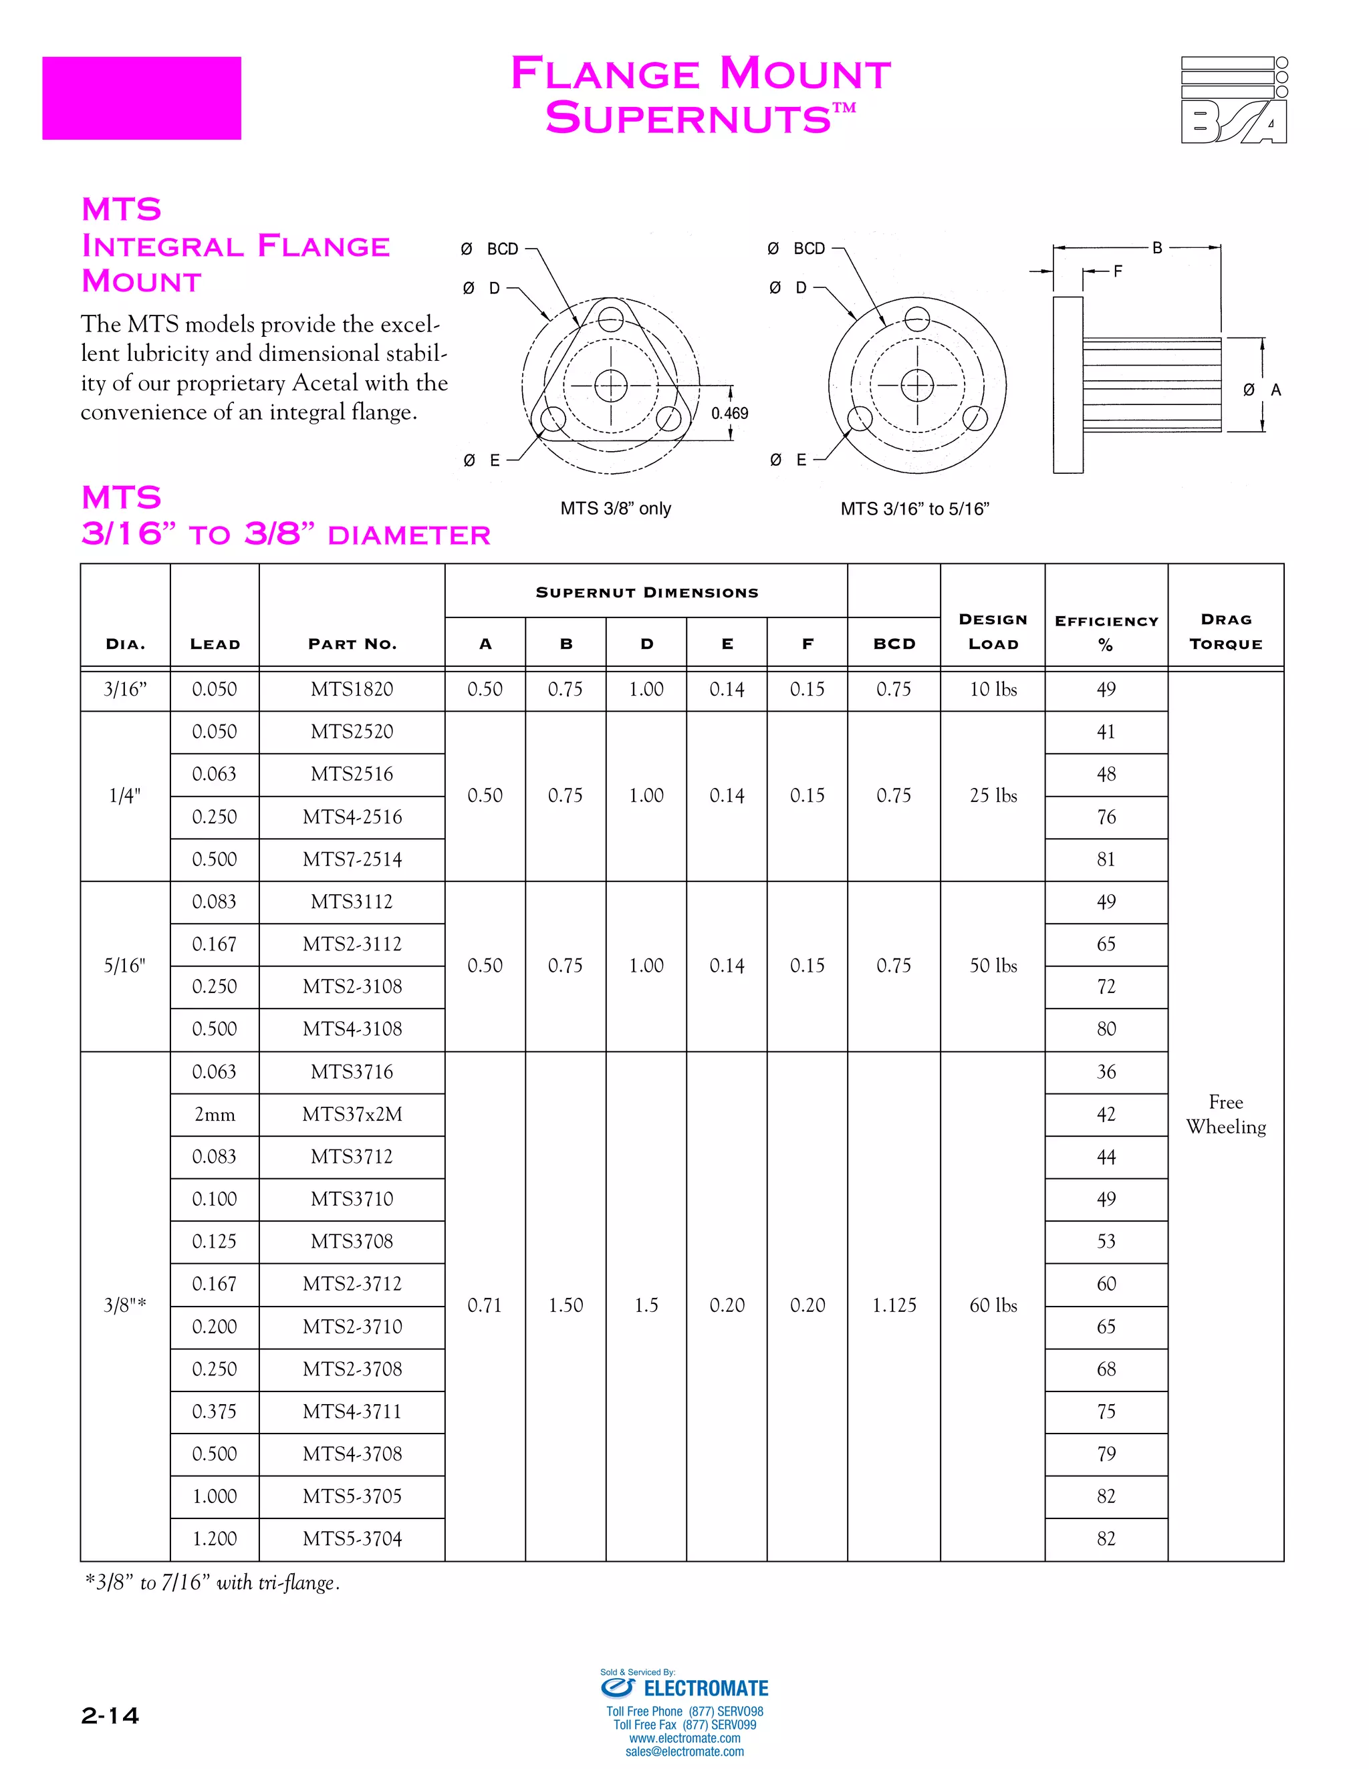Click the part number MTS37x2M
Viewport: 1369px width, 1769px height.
(x=352, y=1115)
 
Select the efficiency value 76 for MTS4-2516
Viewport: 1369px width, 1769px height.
(x=1106, y=817)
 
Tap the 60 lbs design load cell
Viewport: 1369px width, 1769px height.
(x=993, y=1306)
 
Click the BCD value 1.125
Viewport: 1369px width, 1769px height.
(x=894, y=1306)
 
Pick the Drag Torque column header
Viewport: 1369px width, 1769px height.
(x=1226, y=632)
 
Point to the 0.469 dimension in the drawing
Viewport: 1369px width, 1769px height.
(x=729, y=413)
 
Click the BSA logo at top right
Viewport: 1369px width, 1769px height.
(x=1234, y=100)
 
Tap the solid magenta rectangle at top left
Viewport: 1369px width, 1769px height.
(x=142, y=98)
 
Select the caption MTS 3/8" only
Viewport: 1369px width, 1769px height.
(x=616, y=509)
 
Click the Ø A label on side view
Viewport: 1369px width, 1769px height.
(x=1262, y=390)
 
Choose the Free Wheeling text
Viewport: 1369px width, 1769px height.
(x=1226, y=1115)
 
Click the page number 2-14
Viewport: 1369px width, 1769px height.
(x=110, y=1716)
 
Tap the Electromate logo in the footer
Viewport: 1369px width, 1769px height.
(x=684, y=1688)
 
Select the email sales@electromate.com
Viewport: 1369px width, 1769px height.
(x=684, y=1751)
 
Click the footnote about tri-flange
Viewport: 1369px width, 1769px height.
(x=213, y=1583)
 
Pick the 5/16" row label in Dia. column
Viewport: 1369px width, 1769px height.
(x=125, y=966)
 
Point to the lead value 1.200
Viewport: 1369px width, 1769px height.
(x=215, y=1539)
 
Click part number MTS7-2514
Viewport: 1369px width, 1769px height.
(x=352, y=859)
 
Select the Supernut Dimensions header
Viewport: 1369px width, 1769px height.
(x=646, y=592)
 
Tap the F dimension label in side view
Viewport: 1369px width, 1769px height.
(x=1118, y=271)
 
